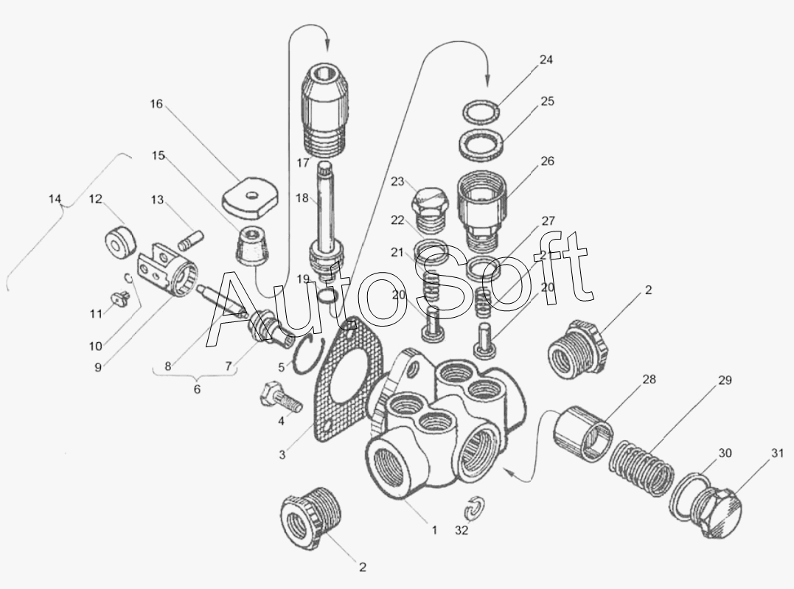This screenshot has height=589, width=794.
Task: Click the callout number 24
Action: [546, 60]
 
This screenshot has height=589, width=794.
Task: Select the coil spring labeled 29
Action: [642, 468]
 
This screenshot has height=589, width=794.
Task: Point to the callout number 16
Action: [156, 104]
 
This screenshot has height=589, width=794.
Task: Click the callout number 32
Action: [462, 530]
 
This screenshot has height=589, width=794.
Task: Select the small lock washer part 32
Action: [474, 508]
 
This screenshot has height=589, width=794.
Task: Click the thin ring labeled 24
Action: [481, 111]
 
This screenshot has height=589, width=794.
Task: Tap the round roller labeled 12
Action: [120, 242]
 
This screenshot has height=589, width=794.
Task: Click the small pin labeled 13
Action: [190, 240]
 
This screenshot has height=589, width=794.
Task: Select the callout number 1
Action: [434, 530]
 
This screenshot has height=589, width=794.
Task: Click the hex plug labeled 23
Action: [431, 208]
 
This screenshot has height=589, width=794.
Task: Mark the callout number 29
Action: [725, 380]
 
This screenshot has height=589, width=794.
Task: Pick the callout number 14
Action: [55, 198]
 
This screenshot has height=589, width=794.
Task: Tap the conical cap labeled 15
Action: [251, 245]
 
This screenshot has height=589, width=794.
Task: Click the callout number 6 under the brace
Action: [197, 389]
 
